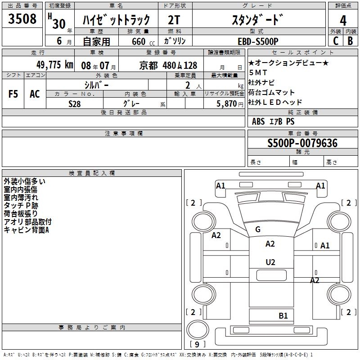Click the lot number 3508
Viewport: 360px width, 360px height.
(23, 19)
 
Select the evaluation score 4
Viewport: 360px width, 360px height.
(343, 20)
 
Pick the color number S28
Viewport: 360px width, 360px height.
(75, 103)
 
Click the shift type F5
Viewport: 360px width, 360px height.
(13, 94)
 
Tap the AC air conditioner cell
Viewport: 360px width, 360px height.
(35, 94)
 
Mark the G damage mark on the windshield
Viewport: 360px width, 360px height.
(258, 229)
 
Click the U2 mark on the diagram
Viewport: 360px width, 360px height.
(270, 262)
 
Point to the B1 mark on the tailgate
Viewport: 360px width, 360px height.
(283, 315)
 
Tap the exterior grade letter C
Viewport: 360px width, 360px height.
(335, 41)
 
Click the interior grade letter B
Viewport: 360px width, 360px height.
(351, 41)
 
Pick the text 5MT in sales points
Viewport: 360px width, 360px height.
(258, 72)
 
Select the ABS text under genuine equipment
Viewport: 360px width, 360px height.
(258, 121)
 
